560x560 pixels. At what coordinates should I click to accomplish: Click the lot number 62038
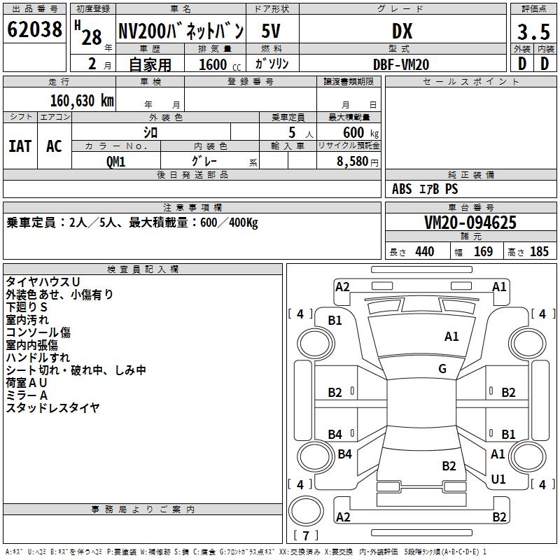(x=34, y=30)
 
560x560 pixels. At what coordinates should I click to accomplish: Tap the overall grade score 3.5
(x=533, y=32)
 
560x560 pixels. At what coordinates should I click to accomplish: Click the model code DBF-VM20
(x=401, y=64)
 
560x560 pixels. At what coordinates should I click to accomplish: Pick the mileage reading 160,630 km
(x=82, y=100)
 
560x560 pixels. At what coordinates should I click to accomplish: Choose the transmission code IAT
(x=20, y=146)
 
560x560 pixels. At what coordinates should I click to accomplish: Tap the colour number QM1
(x=115, y=161)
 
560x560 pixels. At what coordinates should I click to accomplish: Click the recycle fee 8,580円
(x=357, y=161)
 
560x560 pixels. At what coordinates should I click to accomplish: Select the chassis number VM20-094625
(x=470, y=223)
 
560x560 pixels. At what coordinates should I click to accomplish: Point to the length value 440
(x=424, y=252)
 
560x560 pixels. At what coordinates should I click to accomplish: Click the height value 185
(x=539, y=252)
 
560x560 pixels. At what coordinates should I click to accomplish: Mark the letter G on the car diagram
(x=442, y=369)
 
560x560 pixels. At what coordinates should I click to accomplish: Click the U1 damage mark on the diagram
(x=498, y=479)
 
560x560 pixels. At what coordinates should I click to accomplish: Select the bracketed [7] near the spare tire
(x=307, y=536)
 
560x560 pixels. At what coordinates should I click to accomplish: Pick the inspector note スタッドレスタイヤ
(x=52, y=407)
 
